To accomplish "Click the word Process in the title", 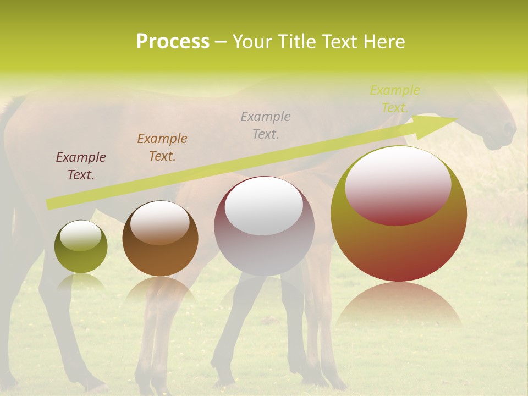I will coord(173,42).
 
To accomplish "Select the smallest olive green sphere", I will coord(81,247).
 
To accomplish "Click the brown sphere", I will coord(160,239).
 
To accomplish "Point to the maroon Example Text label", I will coord(81,166).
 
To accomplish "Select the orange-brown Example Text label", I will coord(162,147).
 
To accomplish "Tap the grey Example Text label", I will coord(266,125).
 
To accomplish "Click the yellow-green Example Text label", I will coord(395,99).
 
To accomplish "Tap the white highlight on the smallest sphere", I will coord(80,235).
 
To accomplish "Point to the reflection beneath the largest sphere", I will coord(399,305).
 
